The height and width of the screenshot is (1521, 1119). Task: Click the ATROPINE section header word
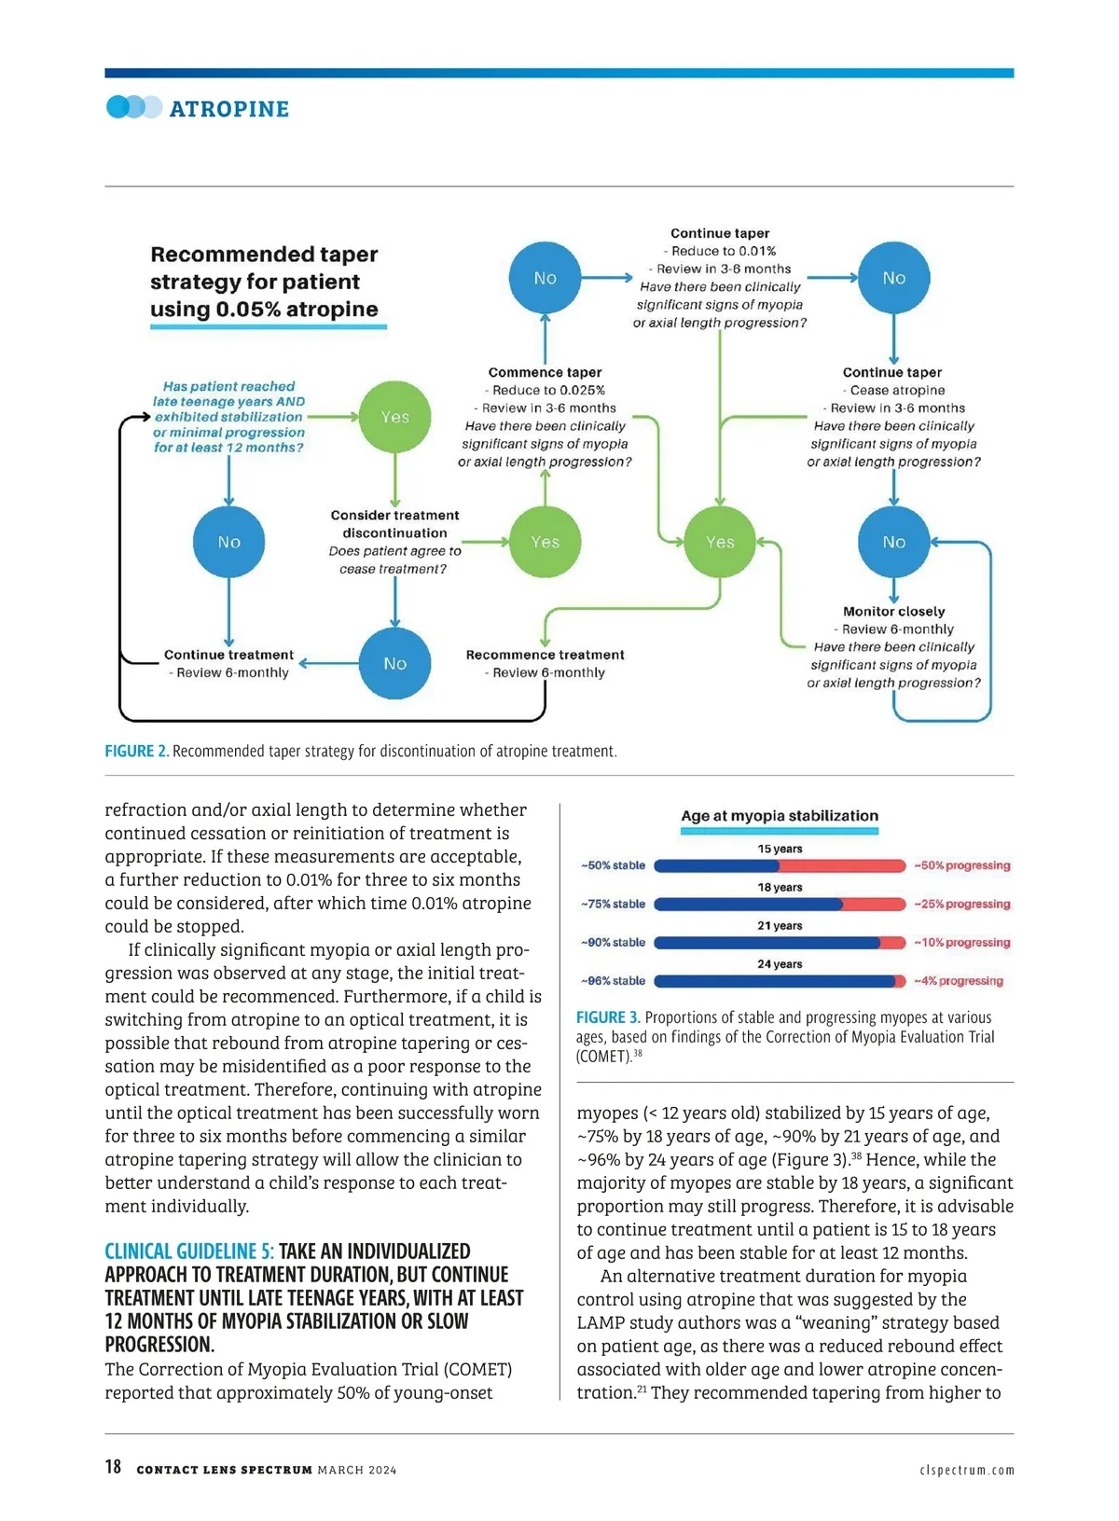point(229,109)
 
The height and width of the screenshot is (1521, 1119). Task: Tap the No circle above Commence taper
point(546,278)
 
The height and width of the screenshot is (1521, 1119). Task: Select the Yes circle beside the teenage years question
point(395,417)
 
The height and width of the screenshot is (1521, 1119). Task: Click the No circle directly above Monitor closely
point(893,542)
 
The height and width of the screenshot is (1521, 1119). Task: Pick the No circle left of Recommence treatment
point(395,663)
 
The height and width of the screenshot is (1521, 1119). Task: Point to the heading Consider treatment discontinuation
point(394,524)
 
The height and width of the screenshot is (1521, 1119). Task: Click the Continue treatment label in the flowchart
point(228,655)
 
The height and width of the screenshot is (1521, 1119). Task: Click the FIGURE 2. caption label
point(136,751)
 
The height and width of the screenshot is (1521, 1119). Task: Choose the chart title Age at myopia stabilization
point(780,816)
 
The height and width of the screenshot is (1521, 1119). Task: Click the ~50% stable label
point(613,865)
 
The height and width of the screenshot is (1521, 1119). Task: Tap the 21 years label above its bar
point(780,925)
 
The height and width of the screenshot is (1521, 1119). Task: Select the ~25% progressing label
point(961,904)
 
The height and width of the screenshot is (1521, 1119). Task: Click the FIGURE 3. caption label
point(608,1017)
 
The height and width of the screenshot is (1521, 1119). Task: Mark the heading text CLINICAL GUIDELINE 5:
point(189,1251)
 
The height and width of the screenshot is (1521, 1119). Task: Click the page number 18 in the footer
point(113,1467)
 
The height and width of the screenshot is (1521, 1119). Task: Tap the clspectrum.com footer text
point(966,1470)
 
